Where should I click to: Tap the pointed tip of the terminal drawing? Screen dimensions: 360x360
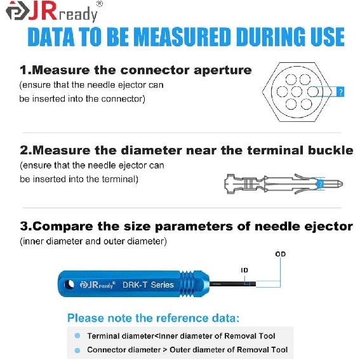[344, 184]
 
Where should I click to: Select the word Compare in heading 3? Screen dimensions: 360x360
[69, 226]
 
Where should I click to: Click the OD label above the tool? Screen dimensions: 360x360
[280, 254]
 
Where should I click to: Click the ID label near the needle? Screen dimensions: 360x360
[244, 270]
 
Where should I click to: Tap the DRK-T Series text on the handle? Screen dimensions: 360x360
[150, 284]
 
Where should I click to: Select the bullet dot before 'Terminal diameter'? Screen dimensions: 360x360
[77, 336]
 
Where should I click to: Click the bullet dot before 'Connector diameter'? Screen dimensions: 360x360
[77, 350]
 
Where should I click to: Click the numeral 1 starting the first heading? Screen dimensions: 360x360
[23, 70]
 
